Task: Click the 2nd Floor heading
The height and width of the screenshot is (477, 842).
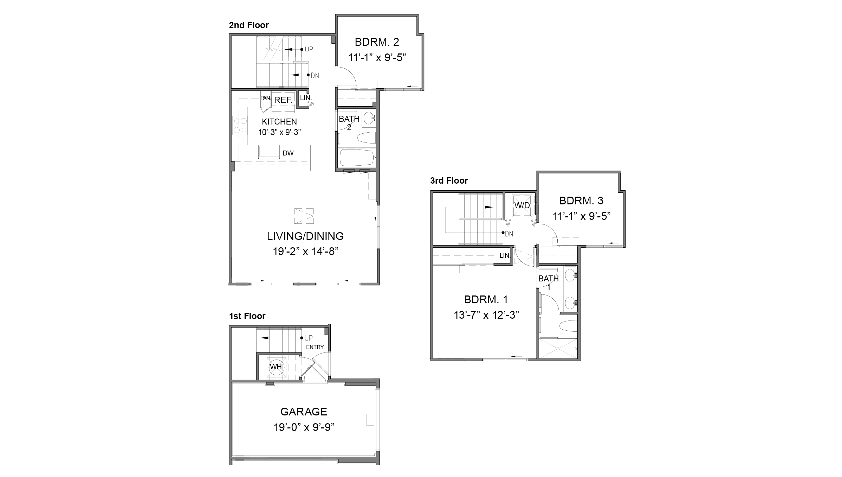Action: pyautogui.click(x=249, y=25)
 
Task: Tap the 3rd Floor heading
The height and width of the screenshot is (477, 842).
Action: pyautogui.click(x=449, y=181)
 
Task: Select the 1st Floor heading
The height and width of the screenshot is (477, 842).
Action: pyautogui.click(x=247, y=316)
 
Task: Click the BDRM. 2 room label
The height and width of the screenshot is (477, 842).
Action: pyautogui.click(x=377, y=42)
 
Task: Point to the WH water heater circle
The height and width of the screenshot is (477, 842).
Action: pyautogui.click(x=276, y=367)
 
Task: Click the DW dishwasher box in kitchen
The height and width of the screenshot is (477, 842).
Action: pyautogui.click(x=288, y=153)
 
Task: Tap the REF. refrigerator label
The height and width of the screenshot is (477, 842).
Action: pyautogui.click(x=283, y=100)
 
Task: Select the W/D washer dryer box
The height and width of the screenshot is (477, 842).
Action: pyautogui.click(x=522, y=205)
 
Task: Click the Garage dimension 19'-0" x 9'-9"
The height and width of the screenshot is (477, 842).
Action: pyautogui.click(x=304, y=427)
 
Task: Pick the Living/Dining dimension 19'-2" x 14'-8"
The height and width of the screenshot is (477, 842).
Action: pyautogui.click(x=305, y=252)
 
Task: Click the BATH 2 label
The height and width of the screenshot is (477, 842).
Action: pyautogui.click(x=349, y=123)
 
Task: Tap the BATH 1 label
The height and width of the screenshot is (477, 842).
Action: pyautogui.click(x=548, y=282)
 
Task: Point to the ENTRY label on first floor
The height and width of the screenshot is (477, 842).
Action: pyautogui.click(x=315, y=347)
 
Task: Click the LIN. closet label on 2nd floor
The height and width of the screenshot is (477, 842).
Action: pyautogui.click(x=306, y=98)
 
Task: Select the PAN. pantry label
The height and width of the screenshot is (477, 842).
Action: pyautogui.click(x=265, y=98)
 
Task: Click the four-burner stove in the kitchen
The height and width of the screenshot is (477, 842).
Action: pyautogui.click(x=240, y=126)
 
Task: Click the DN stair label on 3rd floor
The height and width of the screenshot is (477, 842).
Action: pyautogui.click(x=509, y=234)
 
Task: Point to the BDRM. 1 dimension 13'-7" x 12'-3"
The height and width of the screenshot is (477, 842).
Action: pyautogui.click(x=486, y=315)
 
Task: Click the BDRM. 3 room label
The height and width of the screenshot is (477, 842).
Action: pyautogui.click(x=581, y=201)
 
